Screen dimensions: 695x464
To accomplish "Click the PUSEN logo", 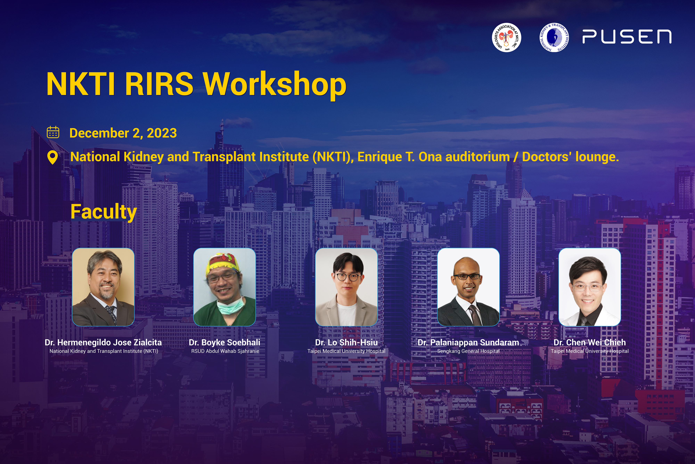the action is [627, 37].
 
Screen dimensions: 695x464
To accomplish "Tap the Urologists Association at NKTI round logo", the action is [506, 37].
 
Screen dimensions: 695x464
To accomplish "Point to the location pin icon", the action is [53, 157].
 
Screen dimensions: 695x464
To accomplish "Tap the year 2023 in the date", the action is [162, 133].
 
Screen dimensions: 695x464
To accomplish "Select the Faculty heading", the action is [104, 212].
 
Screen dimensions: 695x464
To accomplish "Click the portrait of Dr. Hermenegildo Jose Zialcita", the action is [103, 287].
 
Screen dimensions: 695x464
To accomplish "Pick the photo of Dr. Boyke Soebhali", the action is [225, 287].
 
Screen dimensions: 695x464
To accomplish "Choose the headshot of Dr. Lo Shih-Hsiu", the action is [346, 287].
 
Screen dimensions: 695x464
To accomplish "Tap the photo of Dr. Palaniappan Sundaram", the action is [468, 287].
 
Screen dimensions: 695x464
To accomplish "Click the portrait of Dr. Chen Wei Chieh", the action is [590, 287].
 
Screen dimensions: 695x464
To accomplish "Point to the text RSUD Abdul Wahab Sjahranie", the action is [225, 351].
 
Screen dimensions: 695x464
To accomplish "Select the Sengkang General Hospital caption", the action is [468, 351].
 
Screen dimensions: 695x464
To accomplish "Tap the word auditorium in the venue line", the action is [477, 157].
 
